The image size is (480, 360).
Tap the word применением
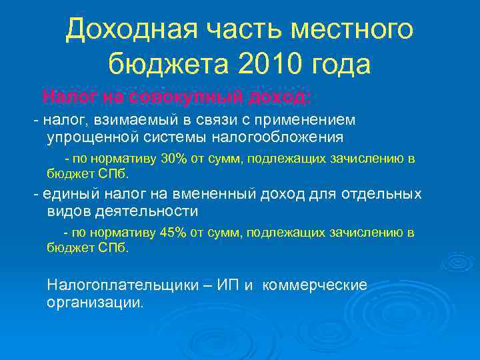(305, 119)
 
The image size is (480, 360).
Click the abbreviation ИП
(231, 285)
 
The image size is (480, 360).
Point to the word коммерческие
(315, 285)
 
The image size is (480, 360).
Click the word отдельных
(382, 193)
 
